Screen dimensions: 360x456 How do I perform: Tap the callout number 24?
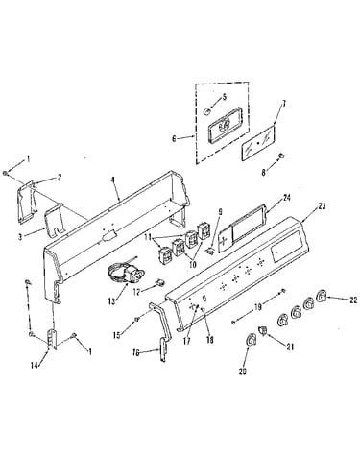(x=286, y=198)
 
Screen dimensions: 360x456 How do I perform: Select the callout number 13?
(x=111, y=301)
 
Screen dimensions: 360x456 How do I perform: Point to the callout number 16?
(x=136, y=353)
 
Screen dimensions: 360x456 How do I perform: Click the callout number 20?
(x=243, y=372)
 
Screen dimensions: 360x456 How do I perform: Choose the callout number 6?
(x=174, y=139)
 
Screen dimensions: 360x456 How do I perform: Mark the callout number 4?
(x=112, y=180)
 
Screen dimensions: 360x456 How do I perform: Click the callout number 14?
(x=35, y=365)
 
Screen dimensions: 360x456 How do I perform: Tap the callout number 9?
(x=220, y=211)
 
